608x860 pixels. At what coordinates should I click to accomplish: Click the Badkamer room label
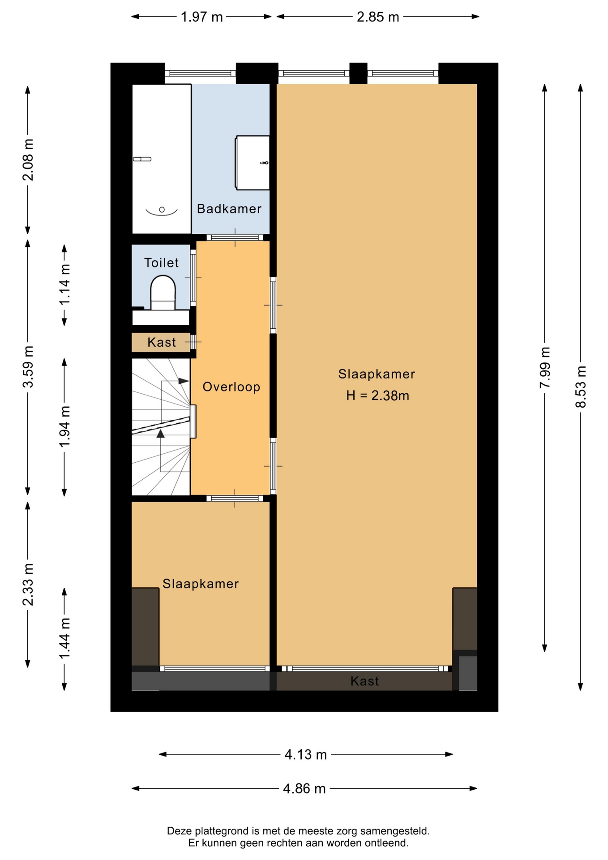pos(229,209)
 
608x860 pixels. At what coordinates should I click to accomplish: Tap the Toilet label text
pos(161,262)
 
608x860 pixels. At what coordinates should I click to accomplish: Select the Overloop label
pos(231,387)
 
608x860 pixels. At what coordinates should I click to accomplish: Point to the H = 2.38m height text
pos(377,396)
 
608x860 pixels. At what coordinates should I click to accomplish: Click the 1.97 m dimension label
pos(201,17)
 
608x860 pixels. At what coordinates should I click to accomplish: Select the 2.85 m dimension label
pos(378,17)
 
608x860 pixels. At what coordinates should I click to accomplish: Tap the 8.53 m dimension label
pos(580,387)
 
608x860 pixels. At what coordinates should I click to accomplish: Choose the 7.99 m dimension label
pos(544,368)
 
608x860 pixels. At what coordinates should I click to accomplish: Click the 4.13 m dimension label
pos(306,755)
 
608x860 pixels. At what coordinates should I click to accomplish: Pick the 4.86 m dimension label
pos(304,788)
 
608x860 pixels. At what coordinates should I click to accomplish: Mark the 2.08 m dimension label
pos(28,160)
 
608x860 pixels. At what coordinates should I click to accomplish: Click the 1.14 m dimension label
pos(64,284)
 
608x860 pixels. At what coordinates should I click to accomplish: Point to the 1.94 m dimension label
pos(64,426)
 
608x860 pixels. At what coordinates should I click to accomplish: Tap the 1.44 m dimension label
pos(64,638)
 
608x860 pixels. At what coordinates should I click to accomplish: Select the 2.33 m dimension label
pos(28,585)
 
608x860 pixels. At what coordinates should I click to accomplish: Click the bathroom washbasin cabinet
pos(253,163)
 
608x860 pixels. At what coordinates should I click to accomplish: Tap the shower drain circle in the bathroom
pos(162,210)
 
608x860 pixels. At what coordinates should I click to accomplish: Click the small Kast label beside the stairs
pos(162,342)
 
